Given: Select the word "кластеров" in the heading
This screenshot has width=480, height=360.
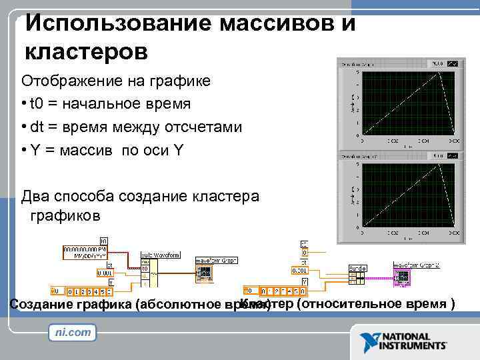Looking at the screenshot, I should coord(86,50).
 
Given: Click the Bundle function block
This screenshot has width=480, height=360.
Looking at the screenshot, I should coord(357,275).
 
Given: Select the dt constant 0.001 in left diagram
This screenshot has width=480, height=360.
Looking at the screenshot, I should coord(105,272).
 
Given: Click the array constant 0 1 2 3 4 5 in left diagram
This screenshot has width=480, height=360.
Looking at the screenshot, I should coord(90,291).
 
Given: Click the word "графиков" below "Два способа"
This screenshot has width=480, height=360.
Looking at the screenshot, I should coord(65,215).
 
